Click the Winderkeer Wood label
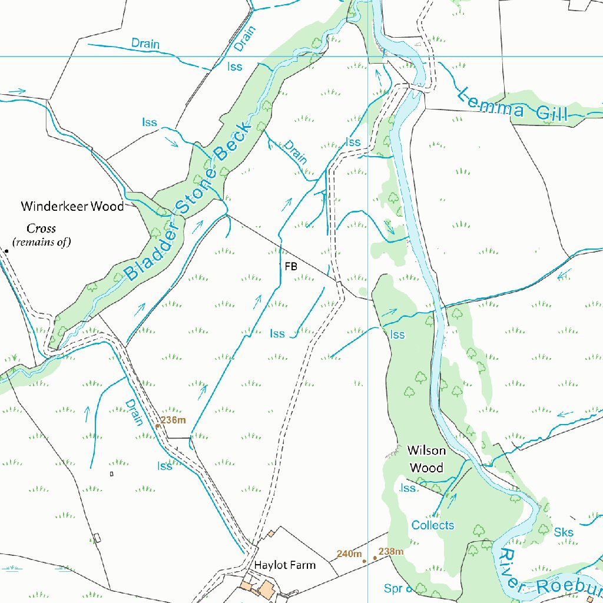tap(72, 206)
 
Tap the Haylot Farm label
tap(285, 565)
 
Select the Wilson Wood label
tap(426, 459)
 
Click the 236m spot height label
tap(173, 420)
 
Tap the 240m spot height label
tap(349, 554)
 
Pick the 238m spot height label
tap(391, 551)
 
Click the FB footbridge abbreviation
tap(291, 266)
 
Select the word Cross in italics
tap(41, 228)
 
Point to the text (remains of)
tap(41, 241)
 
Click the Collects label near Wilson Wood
tap(433, 525)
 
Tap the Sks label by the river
tap(564, 532)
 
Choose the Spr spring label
tap(393, 588)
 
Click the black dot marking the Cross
tap(6, 251)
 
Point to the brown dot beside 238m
tap(375, 558)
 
